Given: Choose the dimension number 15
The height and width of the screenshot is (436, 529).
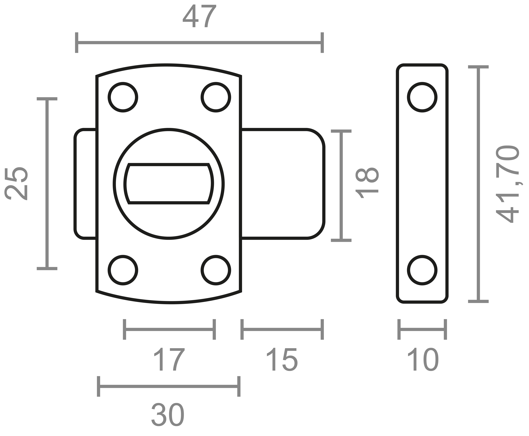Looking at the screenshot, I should click(x=282, y=359).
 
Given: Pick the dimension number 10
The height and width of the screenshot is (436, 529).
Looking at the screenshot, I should click(x=423, y=359).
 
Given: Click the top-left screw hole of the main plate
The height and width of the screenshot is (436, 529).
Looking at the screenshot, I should click(x=123, y=97).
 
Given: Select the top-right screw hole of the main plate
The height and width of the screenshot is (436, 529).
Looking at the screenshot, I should click(x=216, y=97).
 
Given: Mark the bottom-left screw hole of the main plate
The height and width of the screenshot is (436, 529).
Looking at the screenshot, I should click(x=123, y=270).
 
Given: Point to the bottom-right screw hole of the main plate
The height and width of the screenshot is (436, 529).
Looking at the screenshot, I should click(x=216, y=270).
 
